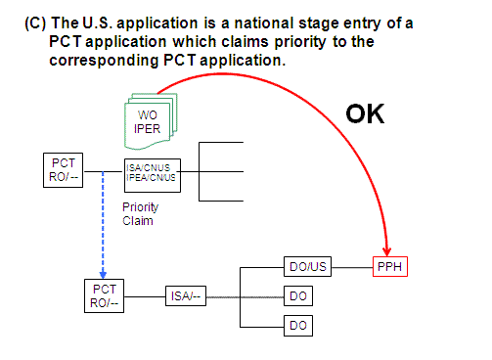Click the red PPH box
(x=390, y=267)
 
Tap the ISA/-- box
(x=185, y=295)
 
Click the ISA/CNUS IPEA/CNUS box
(x=151, y=173)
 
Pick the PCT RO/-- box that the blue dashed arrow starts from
(x=64, y=168)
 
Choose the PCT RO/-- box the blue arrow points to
(x=105, y=295)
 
